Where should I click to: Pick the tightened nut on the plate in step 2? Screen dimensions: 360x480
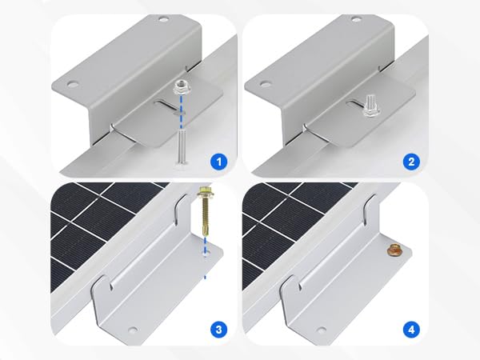(371, 106)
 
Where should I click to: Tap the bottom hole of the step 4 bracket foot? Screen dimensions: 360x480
(321, 329)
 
